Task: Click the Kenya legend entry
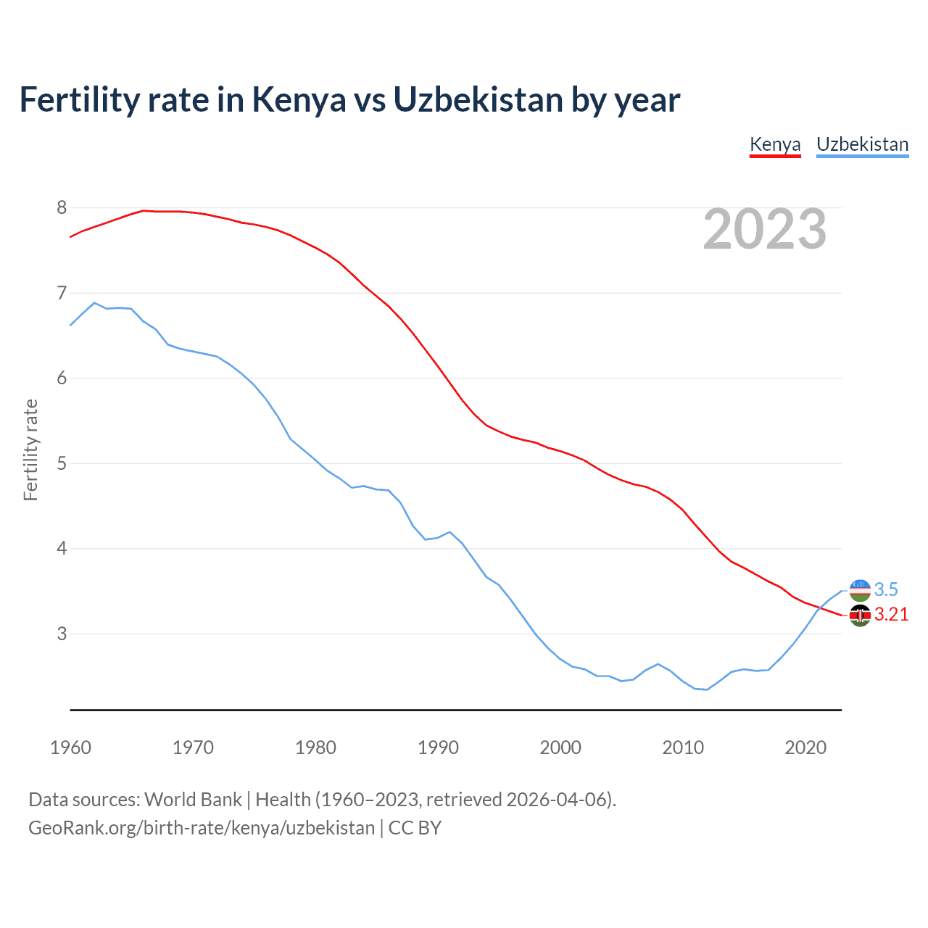tap(775, 144)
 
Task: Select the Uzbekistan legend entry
tap(862, 144)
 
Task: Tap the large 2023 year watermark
tap(765, 229)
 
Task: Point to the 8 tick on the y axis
tap(62, 208)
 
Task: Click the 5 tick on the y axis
tap(62, 463)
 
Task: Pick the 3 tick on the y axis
tap(62, 634)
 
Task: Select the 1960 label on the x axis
tap(70, 747)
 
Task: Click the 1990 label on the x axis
tap(438, 747)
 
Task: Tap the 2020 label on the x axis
tap(805, 747)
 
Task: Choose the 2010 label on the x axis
tap(683, 747)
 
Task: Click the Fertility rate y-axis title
tap(30, 449)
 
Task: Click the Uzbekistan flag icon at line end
tap(860, 590)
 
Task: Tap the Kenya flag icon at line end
tap(860, 615)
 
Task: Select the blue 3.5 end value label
tap(886, 590)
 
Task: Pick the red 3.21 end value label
tap(891, 615)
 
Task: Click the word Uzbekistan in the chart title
tap(478, 100)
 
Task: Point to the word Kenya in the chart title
tap(299, 100)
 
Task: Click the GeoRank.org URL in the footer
tap(202, 828)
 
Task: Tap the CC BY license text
tap(415, 828)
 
